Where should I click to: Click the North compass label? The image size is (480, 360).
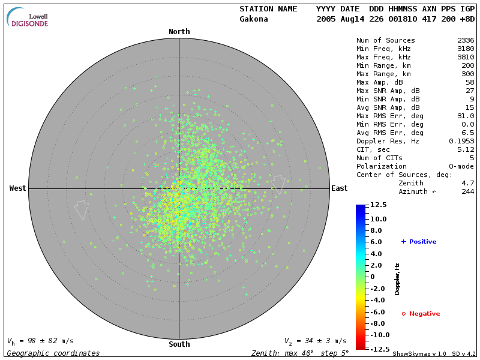[x=179, y=32]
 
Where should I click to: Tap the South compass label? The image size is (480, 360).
[x=179, y=344]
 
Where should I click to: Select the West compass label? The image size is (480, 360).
[x=17, y=188]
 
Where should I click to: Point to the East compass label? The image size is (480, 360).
[x=340, y=188]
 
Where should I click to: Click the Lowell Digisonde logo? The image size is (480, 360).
[x=28, y=17]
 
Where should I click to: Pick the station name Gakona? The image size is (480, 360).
[x=254, y=19]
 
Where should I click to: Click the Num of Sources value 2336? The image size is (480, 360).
[x=466, y=40]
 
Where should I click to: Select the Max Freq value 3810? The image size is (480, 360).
[x=466, y=57]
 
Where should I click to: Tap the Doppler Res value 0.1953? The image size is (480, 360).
[x=461, y=141]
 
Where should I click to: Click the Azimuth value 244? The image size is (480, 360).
[x=468, y=191]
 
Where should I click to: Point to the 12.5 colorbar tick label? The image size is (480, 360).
[x=378, y=205]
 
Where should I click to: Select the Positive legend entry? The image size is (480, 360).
[x=419, y=242]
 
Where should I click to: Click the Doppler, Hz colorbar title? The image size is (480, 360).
[x=397, y=279]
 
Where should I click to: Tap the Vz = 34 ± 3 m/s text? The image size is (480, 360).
[x=315, y=341]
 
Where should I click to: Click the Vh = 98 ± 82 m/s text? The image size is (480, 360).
[x=40, y=341]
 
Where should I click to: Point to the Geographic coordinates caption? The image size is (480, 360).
[x=53, y=353]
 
